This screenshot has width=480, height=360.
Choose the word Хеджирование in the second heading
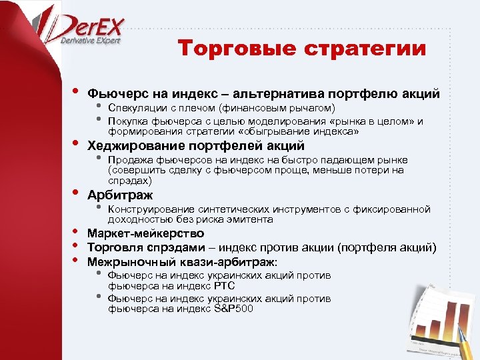click(137, 145)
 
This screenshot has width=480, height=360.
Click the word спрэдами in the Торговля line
click(175, 247)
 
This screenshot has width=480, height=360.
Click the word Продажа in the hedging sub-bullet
click(129, 160)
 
